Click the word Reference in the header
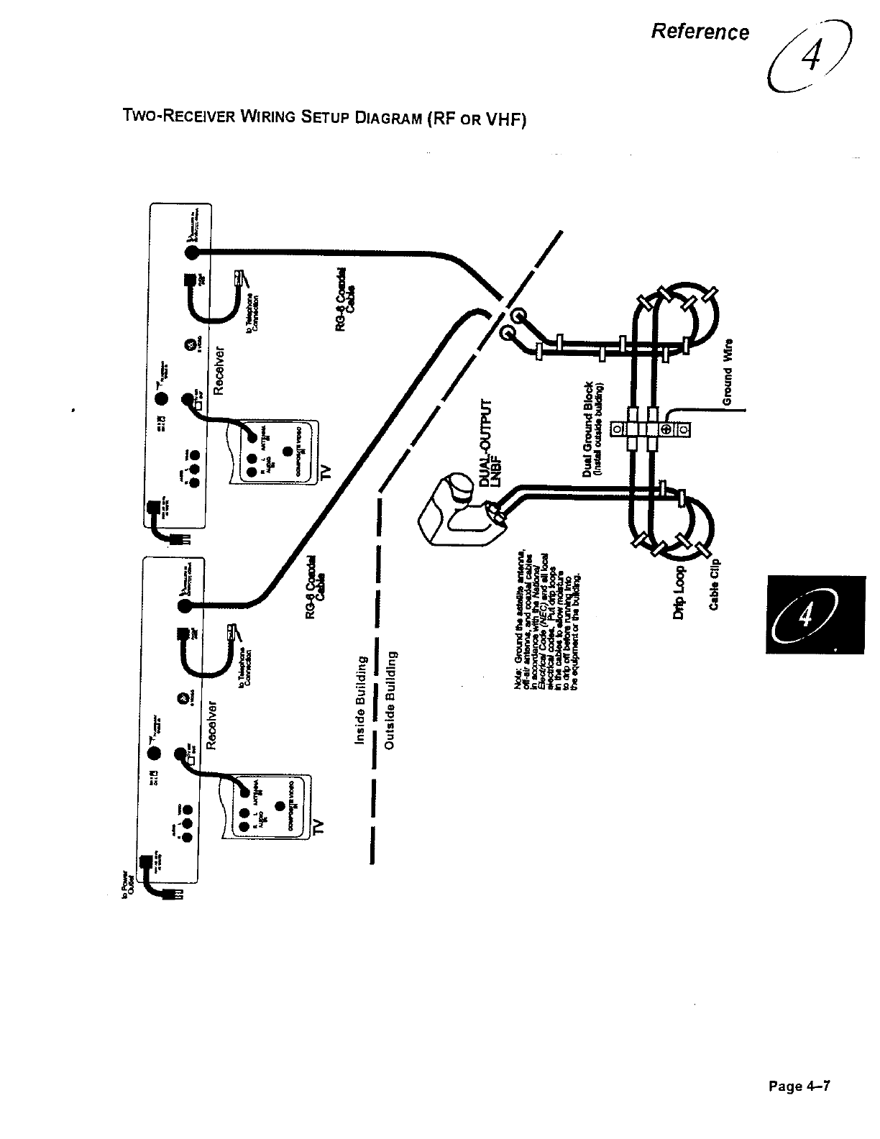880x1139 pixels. pos(700,32)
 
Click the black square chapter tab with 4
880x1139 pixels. pos(814,613)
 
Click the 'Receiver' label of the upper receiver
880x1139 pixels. pos(221,370)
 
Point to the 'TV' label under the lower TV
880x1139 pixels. pos(320,828)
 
